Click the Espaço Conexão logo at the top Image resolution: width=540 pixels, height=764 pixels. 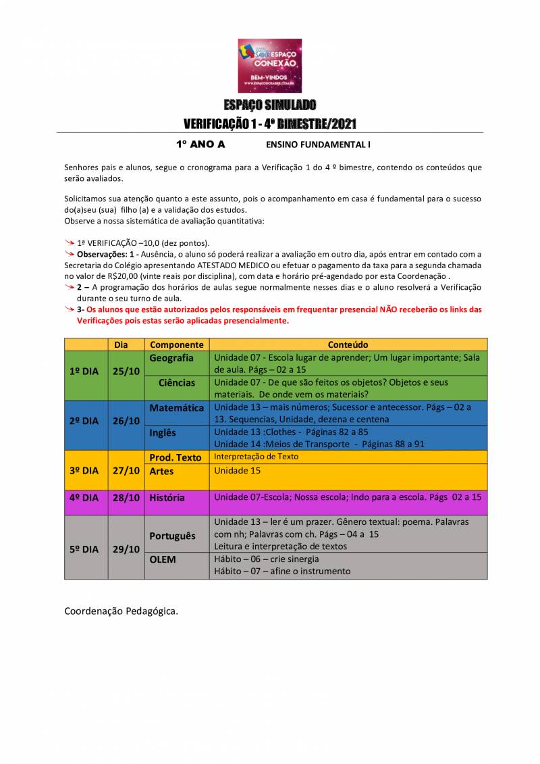[x=269, y=66]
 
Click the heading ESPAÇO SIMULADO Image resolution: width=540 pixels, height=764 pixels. [x=269, y=105]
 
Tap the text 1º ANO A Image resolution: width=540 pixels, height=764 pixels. [x=200, y=144]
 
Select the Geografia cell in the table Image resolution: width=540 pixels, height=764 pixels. [x=171, y=358]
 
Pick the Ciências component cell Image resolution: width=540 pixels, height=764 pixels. [x=177, y=383]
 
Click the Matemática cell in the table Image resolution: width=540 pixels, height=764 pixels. [x=176, y=408]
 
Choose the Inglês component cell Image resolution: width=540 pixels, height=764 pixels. [x=163, y=433]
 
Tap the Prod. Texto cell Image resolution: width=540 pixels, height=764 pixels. [x=175, y=457]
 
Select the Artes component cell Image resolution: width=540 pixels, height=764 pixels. [x=162, y=471]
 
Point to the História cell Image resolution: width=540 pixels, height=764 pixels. [x=167, y=498]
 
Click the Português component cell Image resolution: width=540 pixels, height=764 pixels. [x=173, y=536]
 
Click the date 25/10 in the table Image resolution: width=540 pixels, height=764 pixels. [x=126, y=371]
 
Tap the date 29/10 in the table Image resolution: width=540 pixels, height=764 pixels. [x=126, y=549]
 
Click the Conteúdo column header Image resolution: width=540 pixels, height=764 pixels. [x=348, y=345]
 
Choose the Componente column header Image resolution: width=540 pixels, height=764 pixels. [x=177, y=345]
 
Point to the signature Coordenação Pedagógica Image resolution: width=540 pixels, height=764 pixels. [x=122, y=611]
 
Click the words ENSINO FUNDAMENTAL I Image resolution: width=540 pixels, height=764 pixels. [x=318, y=145]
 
